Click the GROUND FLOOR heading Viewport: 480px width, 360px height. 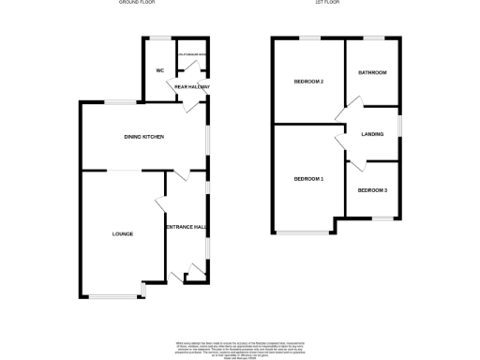tap(135, 4)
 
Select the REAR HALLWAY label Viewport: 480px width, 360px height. tap(191, 87)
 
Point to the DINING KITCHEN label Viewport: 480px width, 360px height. tap(144, 137)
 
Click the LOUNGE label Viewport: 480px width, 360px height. tap(122, 233)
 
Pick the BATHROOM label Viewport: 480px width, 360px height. tap(373, 72)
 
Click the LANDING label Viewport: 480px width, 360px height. tap(372, 134)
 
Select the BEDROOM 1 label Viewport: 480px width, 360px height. tap(308, 178)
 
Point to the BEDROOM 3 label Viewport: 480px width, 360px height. tap(372, 190)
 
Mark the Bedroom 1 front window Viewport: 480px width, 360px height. tap(303, 232)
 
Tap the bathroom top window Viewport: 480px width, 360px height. tap(374, 38)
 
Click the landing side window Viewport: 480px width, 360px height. tap(401, 125)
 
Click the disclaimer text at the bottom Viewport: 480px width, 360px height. tap(240, 346)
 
